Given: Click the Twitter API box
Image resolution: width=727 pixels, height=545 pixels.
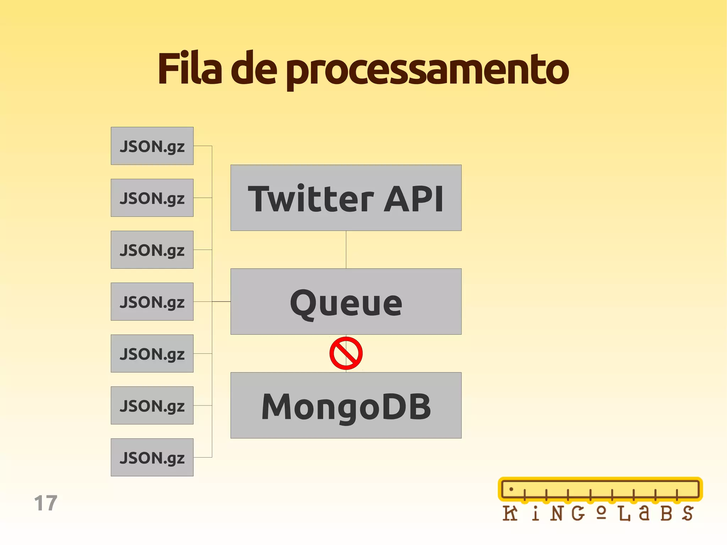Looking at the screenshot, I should [346, 198].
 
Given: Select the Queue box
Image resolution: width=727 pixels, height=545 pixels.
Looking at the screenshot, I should [346, 301].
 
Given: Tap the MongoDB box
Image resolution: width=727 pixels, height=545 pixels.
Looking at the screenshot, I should [346, 405].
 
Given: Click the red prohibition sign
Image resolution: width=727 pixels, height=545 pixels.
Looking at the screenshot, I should [346, 353].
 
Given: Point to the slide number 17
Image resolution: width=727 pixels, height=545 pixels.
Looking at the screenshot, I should [46, 503].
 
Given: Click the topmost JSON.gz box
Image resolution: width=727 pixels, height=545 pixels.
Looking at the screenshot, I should [152, 146].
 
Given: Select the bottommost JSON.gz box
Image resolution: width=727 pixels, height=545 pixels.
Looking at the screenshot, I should [152, 457].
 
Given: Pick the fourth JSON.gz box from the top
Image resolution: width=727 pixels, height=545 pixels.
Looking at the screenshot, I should [152, 301].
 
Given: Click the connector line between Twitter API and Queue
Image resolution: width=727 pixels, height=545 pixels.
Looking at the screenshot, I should [346, 250].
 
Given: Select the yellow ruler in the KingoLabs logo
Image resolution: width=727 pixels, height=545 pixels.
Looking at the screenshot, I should [600, 489].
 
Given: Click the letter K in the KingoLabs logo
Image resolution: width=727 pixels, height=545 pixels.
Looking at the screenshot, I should [510, 513].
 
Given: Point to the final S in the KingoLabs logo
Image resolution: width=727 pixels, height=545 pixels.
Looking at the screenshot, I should [688, 513].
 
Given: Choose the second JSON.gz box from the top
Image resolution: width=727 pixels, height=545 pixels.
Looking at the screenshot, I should [152, 198].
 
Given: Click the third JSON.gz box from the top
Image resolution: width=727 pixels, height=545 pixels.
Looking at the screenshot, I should [152, 250].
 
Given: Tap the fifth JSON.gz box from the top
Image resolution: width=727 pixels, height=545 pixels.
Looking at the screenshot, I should [152, 353].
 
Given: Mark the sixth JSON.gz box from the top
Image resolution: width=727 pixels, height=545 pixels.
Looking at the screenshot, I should [152, 405].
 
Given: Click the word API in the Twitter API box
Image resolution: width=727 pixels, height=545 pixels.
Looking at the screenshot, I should [414, 199].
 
